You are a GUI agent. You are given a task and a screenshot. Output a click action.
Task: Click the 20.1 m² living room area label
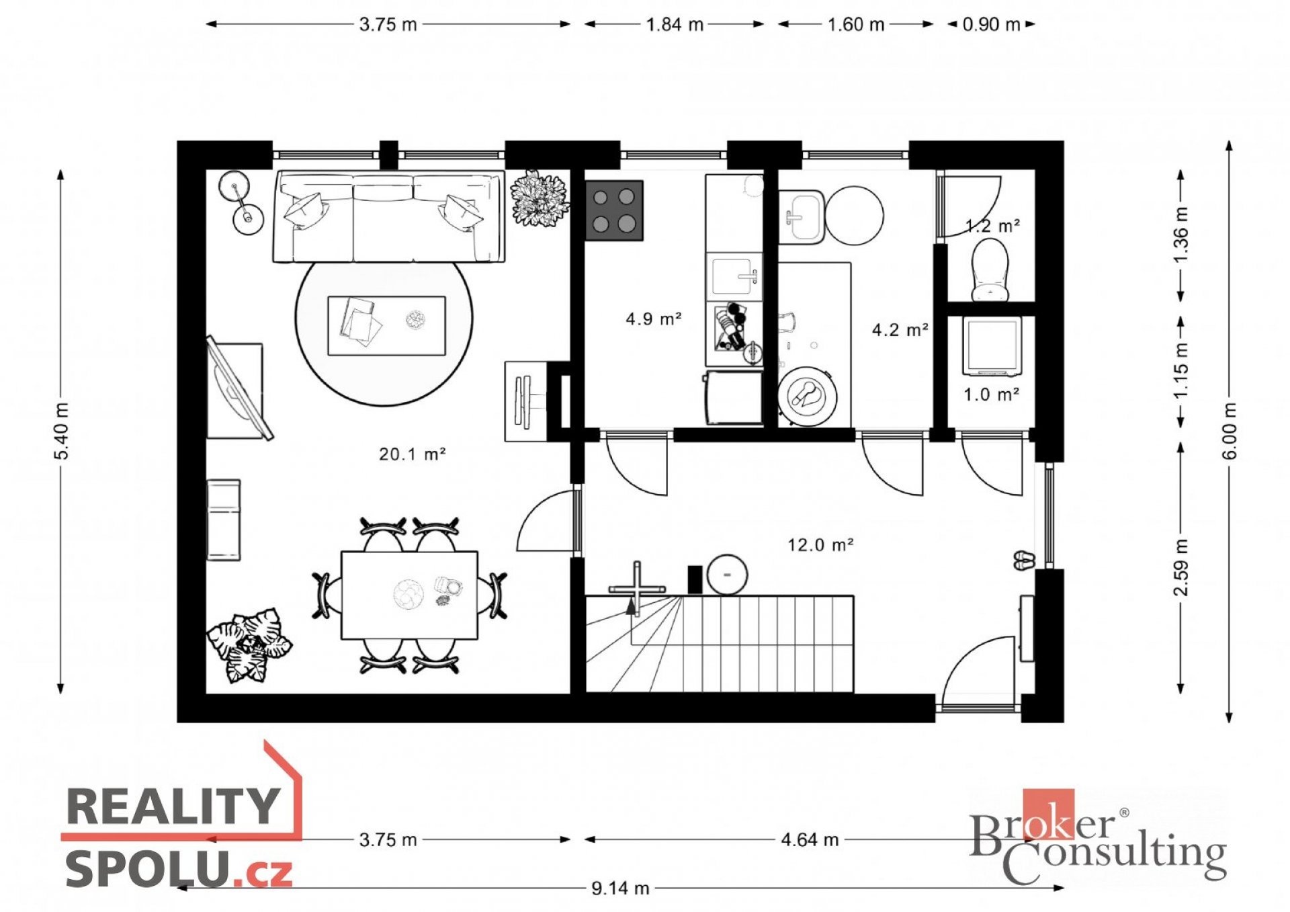413,454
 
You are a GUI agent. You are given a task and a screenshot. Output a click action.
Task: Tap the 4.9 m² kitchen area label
654,319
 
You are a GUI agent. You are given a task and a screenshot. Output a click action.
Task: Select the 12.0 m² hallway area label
820,544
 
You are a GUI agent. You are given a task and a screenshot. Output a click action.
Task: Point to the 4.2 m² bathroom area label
900,330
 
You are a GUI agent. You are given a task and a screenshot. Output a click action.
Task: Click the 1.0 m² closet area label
992,395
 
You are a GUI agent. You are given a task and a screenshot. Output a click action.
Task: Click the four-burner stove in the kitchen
614,210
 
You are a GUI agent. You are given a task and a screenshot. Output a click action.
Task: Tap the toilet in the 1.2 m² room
990,269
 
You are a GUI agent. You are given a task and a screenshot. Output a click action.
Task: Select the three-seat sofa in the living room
389,216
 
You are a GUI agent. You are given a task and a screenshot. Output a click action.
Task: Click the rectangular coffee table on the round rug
386,326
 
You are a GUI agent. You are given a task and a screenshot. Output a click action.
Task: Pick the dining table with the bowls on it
409,595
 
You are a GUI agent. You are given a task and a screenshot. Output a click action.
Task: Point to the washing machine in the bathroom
807,396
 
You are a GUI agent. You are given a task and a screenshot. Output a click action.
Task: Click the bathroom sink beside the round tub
802,216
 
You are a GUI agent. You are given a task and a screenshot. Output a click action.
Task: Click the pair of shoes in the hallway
1024,561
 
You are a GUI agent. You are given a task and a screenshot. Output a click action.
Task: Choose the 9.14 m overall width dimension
620,888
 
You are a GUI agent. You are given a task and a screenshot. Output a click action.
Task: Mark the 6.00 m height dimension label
1229,431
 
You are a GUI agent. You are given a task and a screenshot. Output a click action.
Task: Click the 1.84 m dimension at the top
675,25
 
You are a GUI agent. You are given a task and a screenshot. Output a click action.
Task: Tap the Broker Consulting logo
1098,837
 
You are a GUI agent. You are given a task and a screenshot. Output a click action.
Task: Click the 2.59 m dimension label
1180,567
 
